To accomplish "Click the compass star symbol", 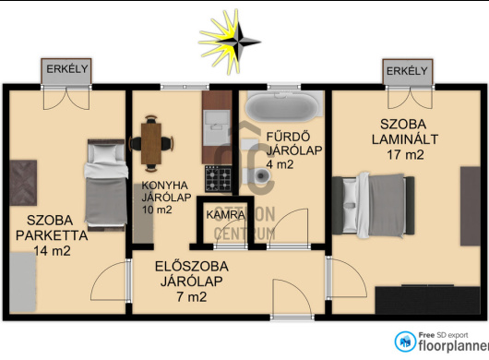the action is coord(230,42).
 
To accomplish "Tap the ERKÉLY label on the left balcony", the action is coord(67,69).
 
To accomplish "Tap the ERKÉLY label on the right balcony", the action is coord(407,71).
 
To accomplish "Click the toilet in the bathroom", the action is coord(256,175).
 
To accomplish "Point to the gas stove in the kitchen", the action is coord(219,179).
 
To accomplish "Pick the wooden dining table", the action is coord(151,144).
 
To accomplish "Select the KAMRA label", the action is coord(225,215).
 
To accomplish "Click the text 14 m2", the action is coord(52,251).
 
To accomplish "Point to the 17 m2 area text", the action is coord(405,155).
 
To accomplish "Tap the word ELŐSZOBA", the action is coord(192,267).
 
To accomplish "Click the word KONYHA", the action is coord(164,186).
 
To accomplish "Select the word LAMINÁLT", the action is coord(405,139).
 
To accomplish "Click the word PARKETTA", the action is coord(52,235).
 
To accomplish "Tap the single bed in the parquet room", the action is coord(106,185).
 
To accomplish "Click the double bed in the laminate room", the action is coord(374,205).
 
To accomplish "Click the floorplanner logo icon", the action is coord(405,342).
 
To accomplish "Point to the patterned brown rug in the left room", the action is coord(23,183).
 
